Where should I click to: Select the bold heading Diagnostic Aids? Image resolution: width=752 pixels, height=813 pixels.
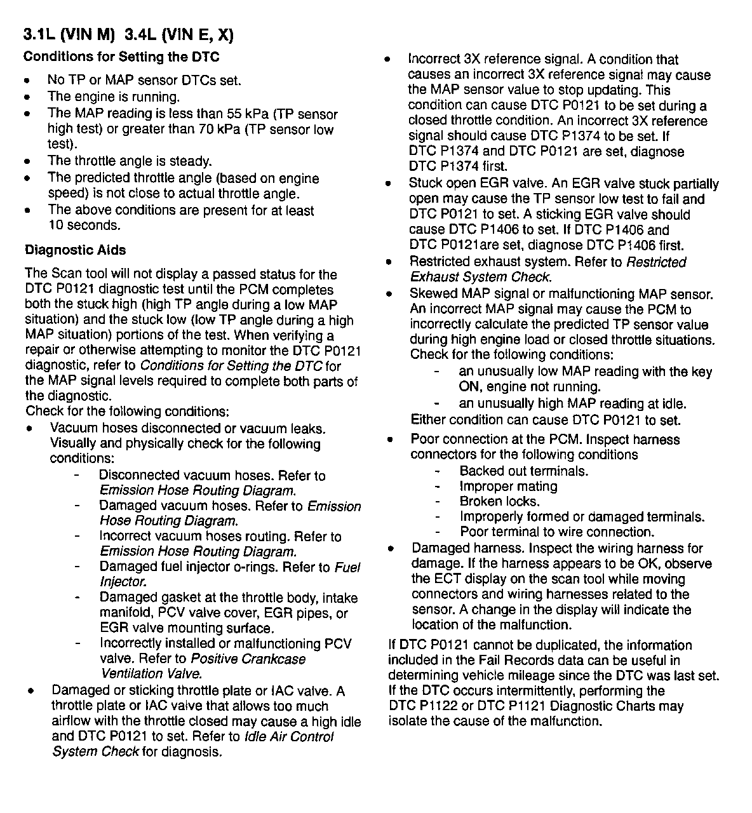click(75, 250)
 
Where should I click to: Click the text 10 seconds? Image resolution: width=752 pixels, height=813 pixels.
click(84, 225)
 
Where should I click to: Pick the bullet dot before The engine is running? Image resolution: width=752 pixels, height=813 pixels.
click(27, 98)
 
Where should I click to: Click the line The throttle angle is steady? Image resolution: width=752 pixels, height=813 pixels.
click(130, 161)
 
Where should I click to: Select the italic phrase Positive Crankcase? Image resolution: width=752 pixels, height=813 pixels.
click(248, 659)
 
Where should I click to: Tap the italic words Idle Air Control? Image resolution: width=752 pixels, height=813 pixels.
click(289, 737)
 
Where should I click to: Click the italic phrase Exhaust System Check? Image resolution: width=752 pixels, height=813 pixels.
click(481, 278)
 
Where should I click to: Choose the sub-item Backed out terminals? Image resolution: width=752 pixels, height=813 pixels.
click(524, 471)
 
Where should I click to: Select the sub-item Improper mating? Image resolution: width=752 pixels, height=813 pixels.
click(509, 487)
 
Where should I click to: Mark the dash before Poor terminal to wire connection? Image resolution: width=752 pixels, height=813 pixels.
click(438, 532)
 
